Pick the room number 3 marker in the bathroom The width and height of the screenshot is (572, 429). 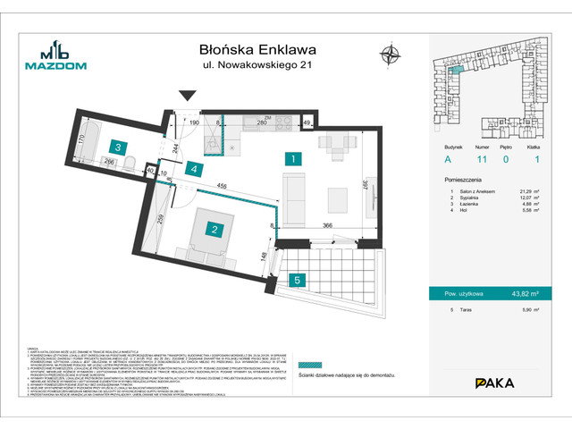click(117, 147)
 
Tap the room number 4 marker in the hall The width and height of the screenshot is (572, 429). click(196, 169)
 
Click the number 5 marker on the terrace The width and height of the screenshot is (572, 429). click(297, 279)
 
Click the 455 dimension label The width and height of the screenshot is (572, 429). click(220, 185)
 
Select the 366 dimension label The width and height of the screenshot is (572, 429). click(329, 225)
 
